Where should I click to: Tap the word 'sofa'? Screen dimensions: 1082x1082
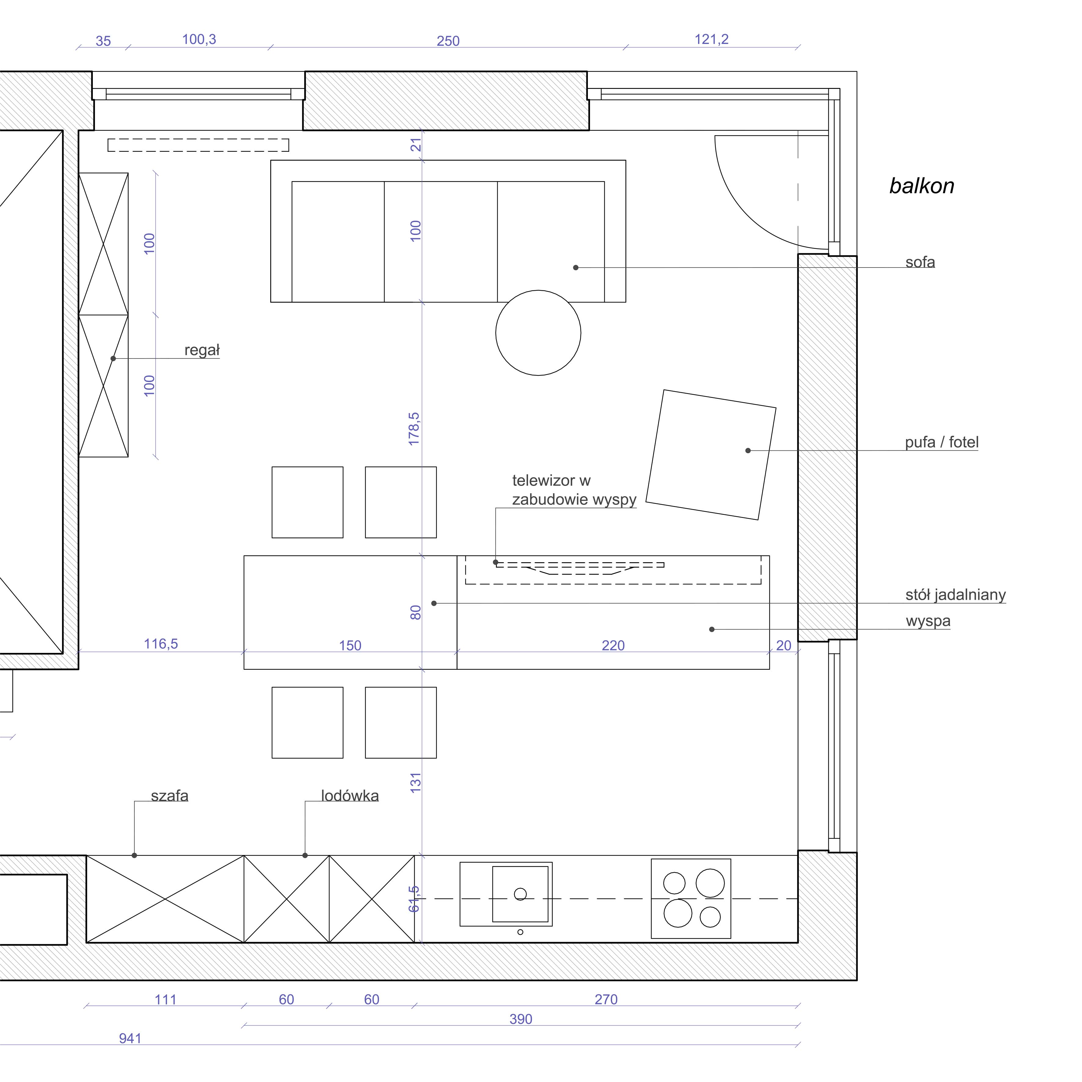click(x=920, y=262)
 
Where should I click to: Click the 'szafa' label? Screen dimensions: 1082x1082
click(x=170, y=796)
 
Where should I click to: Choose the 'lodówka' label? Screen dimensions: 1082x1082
click(x=350, y=796)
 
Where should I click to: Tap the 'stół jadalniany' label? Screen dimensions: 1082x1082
click(x=956, y=595)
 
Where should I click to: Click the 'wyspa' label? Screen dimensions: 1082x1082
click(x=928, y=621)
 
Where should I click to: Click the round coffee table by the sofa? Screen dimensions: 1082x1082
click(x=538, y=333)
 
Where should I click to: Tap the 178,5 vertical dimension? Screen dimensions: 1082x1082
click(x=414, y=429)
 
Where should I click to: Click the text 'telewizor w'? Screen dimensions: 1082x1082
click(x=551, y=480)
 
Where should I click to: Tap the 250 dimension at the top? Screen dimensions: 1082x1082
click(x=448, y=41)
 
